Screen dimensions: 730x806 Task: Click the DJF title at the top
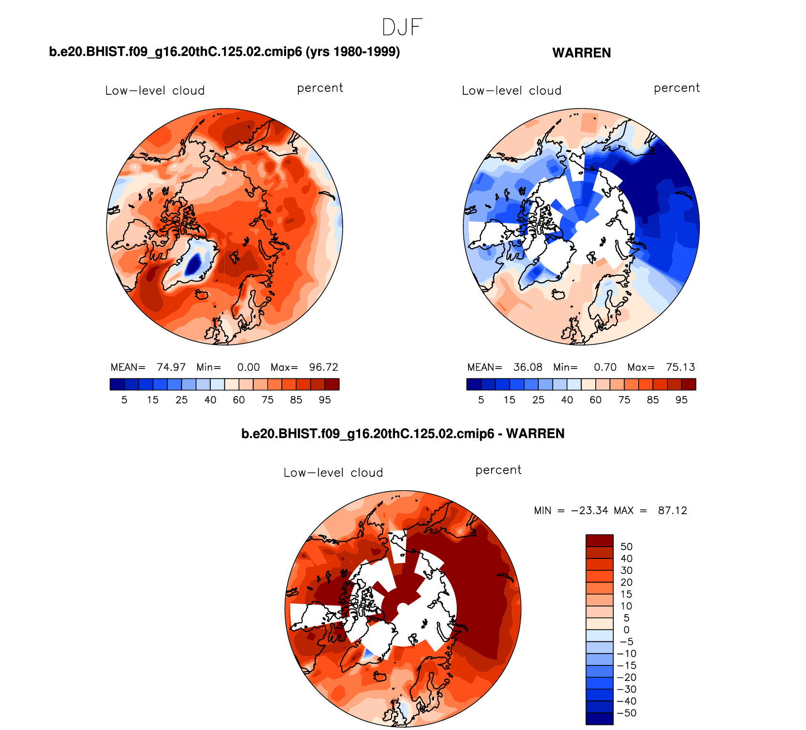click(402, 27)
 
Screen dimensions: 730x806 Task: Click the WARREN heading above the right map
click(581, 53)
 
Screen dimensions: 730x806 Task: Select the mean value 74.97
click(171, 367)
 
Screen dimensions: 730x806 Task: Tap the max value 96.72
click(323, 367)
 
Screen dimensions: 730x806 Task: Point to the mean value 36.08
click(528, 367)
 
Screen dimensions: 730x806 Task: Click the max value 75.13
click(680, 367)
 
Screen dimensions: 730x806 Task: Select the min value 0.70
click(605, 367)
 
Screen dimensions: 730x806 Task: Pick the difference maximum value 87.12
click(673, 510)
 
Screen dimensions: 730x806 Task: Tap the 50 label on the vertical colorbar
click(626, 547)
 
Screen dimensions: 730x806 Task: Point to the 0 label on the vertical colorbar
click(626, 630)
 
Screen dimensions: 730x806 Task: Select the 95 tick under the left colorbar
click(325, 400)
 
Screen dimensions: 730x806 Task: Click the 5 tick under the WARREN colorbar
click(481, 400)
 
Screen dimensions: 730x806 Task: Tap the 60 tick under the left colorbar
click(239, 400)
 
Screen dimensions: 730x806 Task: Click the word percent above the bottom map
click(498, 470)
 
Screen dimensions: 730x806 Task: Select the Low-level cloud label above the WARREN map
click(511, 90)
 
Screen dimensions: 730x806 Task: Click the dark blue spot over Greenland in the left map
click(194, 264)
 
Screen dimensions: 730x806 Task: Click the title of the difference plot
click(403, 434)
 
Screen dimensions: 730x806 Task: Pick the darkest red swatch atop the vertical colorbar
click(599, 541)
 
